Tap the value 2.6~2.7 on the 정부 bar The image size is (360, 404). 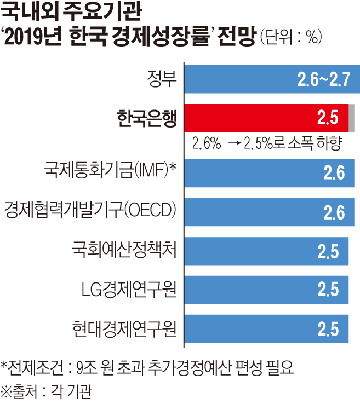323,80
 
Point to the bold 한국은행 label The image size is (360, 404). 147,118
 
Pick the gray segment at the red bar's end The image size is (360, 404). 351,117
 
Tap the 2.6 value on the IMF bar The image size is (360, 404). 334,174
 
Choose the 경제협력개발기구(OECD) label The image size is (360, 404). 92,211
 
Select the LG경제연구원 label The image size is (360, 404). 128,289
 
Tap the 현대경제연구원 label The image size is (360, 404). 124,328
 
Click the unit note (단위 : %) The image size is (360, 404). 291,38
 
